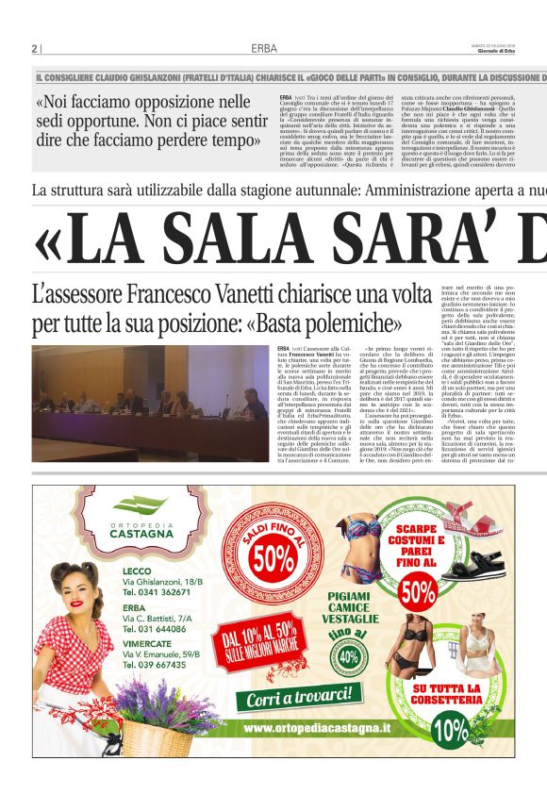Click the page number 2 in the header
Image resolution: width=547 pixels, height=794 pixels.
click(34, 48)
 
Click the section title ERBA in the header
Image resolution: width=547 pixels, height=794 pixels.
click(264, 48)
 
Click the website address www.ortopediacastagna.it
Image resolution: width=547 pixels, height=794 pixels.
click(317, 728)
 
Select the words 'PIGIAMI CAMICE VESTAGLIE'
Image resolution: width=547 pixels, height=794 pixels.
click(351, 608)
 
